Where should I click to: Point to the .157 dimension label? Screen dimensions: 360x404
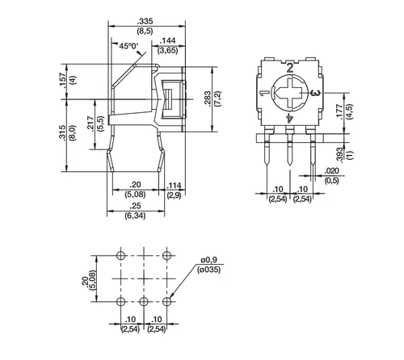click(x=63, y=80)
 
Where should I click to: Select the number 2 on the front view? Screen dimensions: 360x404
click(x=290, y=68)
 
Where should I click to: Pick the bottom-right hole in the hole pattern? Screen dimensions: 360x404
click(x=166, y=300)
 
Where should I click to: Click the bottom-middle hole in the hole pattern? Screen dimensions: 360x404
click(x=144, y=300)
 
